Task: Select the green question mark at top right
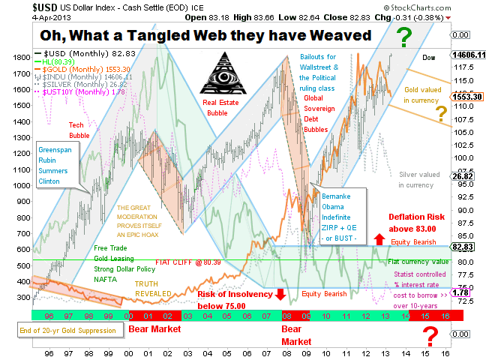(x=404, y=36)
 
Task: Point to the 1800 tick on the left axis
(x=20, y=57)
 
